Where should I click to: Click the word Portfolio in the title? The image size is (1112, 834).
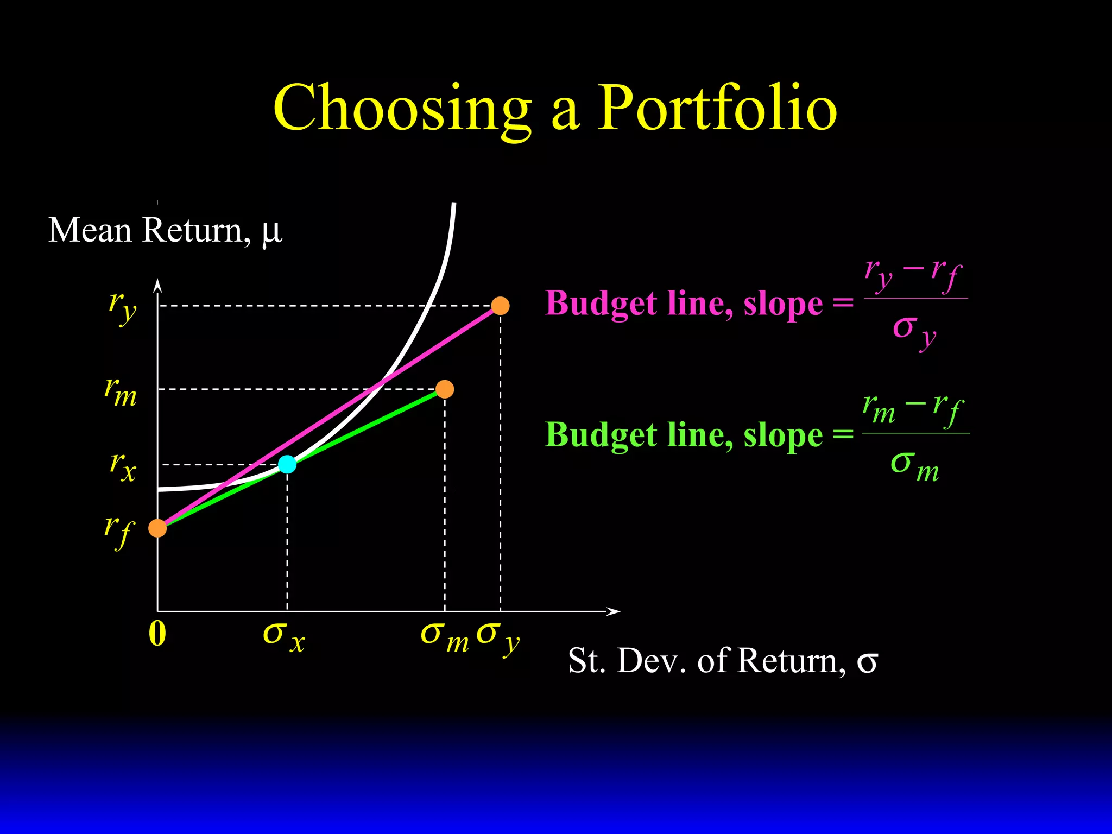(x=717, y=109)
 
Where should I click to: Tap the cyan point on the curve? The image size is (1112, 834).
(x=287, y=464)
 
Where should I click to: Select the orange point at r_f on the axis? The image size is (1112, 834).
(x=157, y=528)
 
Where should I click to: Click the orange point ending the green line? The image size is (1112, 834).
(x=445, y=389)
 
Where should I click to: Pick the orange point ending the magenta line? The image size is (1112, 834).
(x=500, y=306)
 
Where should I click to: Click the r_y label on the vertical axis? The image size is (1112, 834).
(x=123, y=307)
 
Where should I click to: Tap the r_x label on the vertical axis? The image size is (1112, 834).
(x=123, y=466)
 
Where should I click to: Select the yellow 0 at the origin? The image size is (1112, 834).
(x=157, y=634)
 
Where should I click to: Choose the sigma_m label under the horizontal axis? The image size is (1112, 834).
(x=444, y=636)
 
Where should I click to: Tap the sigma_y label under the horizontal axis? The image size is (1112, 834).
(x=497, y=636)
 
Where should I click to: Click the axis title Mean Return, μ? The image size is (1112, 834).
(x=165, y=231)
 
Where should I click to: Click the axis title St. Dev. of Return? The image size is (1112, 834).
(x=722, y=661)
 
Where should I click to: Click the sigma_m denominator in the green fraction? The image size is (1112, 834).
(x=914, y=466)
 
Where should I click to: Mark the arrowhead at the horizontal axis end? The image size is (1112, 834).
(x=614, y=611)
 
